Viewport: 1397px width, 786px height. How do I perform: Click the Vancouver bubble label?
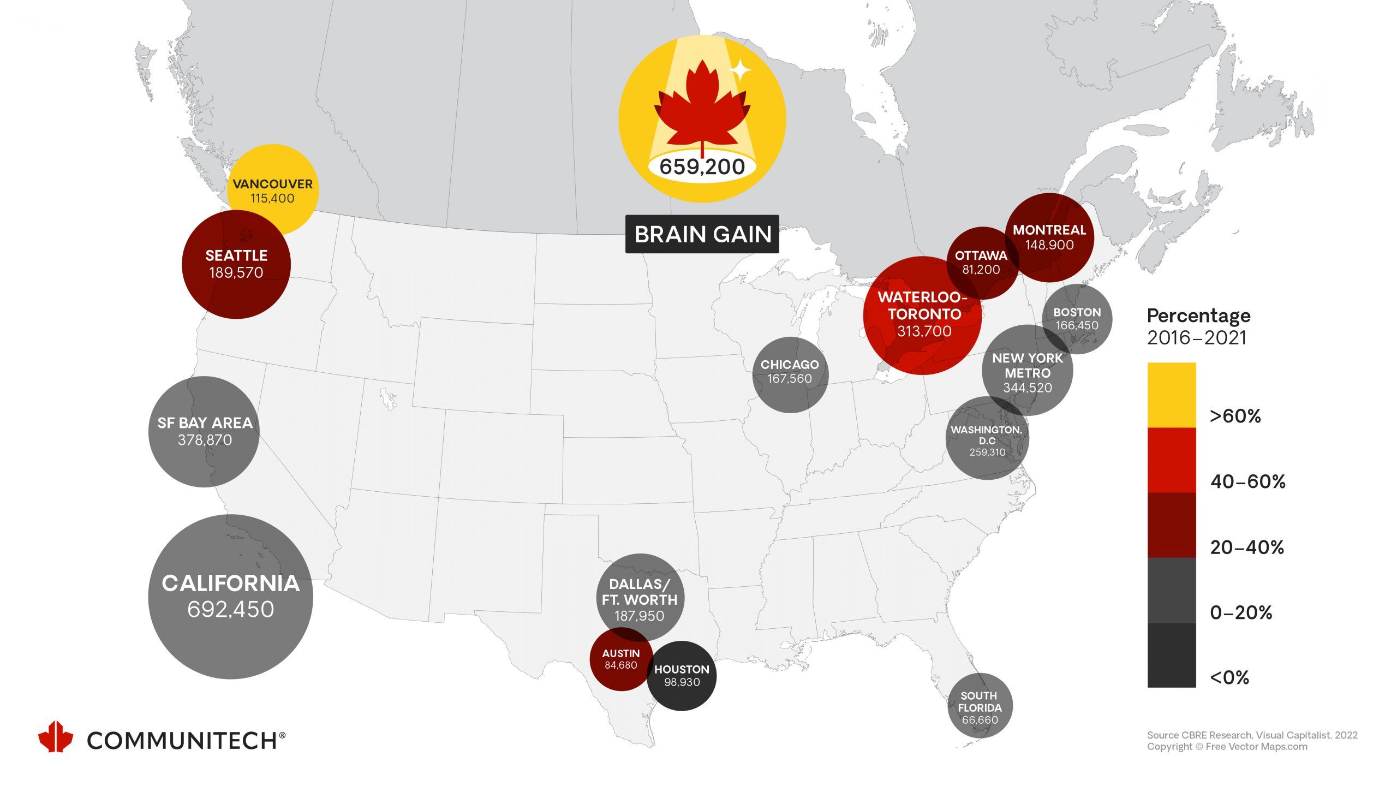point(272,184)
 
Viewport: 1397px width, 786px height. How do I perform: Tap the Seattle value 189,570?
point(236,272)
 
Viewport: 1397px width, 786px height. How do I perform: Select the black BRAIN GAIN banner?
point(702,234)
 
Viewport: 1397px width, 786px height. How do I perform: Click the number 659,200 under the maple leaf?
point(702,166)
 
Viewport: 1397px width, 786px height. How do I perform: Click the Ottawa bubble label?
point(981,255)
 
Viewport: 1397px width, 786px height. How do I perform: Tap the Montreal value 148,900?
point(1049,245)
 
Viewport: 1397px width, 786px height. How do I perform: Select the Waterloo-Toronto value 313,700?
point(924,331)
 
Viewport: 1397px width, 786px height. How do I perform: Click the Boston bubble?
point(1077,319)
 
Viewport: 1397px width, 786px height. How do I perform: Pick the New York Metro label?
point(1027,366)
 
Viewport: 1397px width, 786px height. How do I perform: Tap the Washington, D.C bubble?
point(987,440)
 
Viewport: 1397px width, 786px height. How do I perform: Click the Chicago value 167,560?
point(789,379)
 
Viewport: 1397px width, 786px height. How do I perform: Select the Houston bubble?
point(682,676)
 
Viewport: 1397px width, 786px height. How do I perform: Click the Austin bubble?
point(620,659)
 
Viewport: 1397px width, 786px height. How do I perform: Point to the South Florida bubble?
point(980,707)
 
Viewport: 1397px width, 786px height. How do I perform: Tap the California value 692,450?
point(230,609)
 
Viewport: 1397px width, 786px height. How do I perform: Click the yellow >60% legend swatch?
point(1171,395)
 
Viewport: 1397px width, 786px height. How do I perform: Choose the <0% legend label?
point(1229,677)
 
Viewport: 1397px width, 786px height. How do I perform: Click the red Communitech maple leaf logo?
point(55,737)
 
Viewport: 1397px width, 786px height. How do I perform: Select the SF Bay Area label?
point(205,423)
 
